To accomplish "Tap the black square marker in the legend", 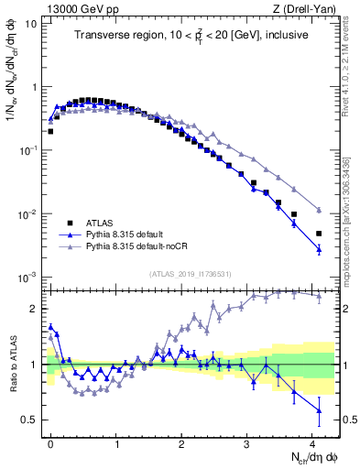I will click(x=69, y=223).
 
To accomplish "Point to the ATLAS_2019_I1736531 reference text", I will click(x=191, y=274).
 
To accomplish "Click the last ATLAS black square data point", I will click(x=319, y=234).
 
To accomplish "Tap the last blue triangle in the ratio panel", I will click(x=319, y=410).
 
